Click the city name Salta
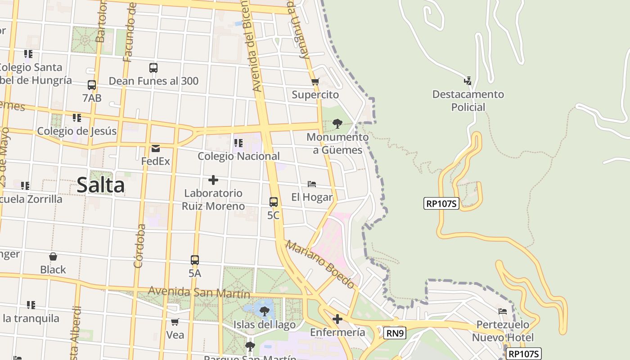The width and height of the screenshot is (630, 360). point(100,185)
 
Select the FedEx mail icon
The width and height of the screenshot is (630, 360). point(156,148)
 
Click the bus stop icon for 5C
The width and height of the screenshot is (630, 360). point(273,202)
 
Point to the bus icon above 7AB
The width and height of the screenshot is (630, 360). point(92,85)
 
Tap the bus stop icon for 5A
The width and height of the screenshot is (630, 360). point(195,260)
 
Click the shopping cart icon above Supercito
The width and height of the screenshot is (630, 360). point(315,82)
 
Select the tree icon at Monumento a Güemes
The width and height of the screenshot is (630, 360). point(337,124)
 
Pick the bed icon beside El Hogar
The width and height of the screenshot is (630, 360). point(312,184)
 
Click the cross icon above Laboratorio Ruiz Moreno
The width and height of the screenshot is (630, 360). point(213,180)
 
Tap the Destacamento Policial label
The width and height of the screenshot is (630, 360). point(468,101)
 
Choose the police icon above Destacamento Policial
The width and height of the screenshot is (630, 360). point(468,81)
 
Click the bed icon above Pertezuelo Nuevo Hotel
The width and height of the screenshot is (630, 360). point(503,311)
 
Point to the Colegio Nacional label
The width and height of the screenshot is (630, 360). point(238,156)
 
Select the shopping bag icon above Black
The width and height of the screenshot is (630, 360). point(53,256)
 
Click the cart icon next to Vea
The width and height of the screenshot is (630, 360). point(175,322)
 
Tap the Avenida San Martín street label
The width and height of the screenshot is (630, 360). point(199,292)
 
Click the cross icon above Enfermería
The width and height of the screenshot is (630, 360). point(337,319)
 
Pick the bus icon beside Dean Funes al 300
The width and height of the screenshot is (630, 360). point(153,68)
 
